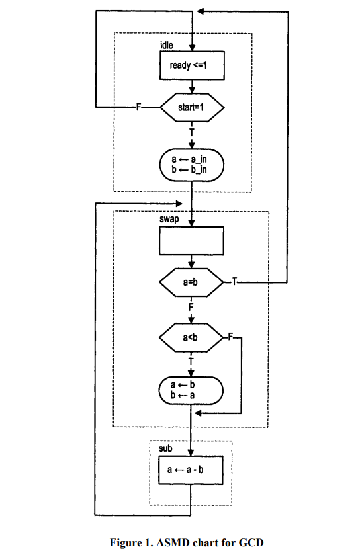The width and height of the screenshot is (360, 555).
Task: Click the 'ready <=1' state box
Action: (192, 65)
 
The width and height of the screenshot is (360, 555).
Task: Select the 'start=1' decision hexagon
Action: (192, 107)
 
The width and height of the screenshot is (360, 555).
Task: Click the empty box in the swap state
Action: (192, 240)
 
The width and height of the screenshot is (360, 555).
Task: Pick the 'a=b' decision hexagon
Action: (192, 282)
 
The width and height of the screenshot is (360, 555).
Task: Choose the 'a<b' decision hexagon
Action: (192, 338)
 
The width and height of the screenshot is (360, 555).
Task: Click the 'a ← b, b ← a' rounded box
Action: (192, 390)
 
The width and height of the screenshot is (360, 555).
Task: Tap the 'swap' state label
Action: (169, 218)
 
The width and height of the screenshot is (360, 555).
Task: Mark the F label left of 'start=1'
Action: (138, 107)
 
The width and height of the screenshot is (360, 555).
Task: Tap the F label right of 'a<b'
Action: (231, 338)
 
